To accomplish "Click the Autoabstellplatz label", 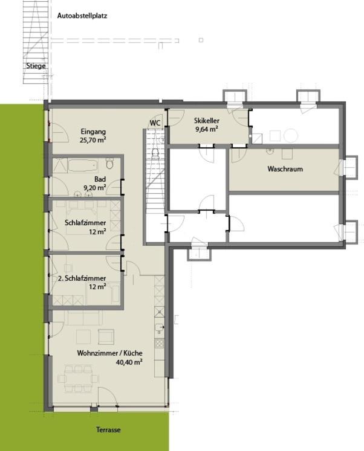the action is pos(82,16).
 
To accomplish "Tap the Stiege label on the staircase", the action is pos(36,66).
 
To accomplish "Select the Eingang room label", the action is pos(93,132).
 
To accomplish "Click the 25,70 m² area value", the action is pos(93,140).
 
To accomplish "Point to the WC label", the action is pos(155,123).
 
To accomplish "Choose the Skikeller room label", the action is pos(207,121).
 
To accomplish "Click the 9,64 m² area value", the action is pos(207,129).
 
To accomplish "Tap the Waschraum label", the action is pos(285,169).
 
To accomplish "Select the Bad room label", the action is pos(100,179).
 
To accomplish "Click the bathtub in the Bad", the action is pos(83,165).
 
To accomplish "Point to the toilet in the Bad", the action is pos(109,164).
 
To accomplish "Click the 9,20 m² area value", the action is pos(95,188).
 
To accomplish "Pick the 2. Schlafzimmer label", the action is pos(82,278).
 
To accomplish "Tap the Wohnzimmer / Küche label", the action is pos(109,353).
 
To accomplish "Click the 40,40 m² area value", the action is pos(129,362).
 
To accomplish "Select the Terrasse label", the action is pos(108,430).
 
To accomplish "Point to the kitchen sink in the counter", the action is pos(159,328).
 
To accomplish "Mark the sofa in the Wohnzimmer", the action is pos(83,318).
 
